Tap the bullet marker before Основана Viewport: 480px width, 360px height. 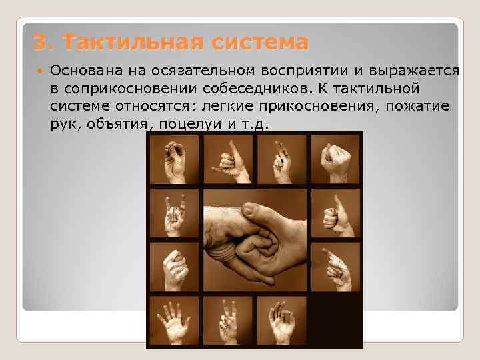coord(41,70)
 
